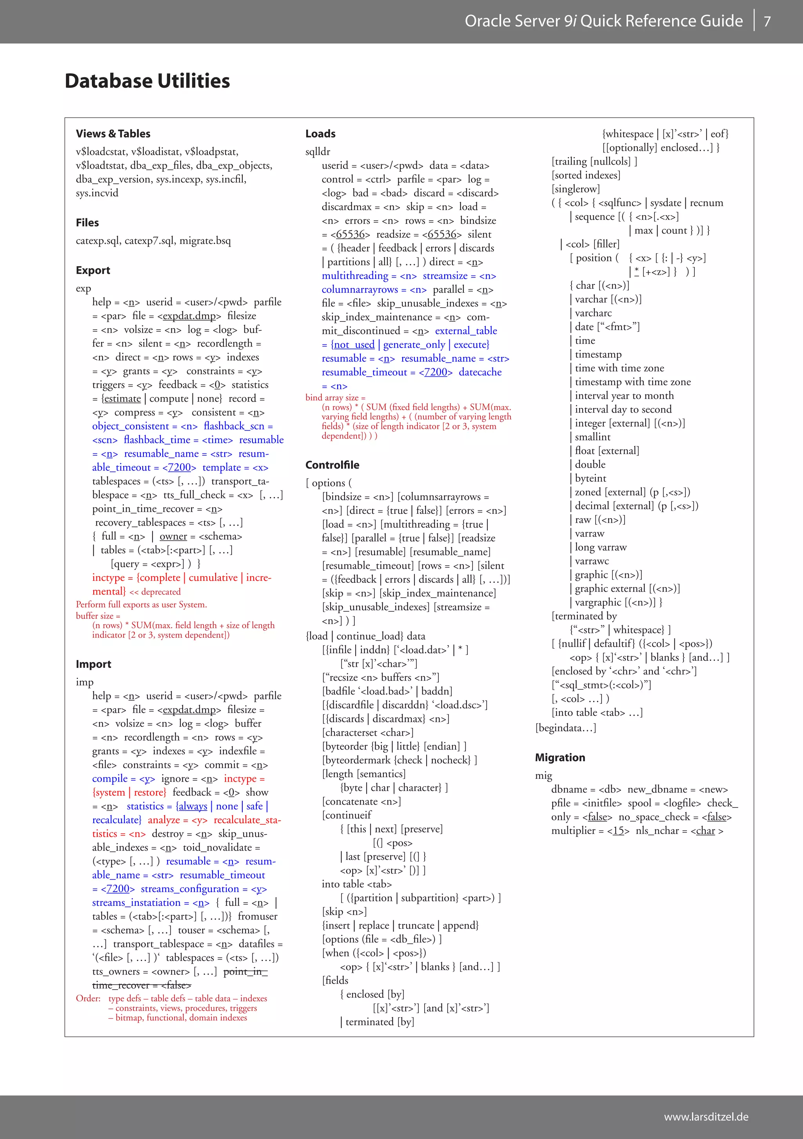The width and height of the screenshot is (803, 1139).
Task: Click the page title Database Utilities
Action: tap(147, 81)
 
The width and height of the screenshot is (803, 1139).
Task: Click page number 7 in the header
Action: tap(767, 21)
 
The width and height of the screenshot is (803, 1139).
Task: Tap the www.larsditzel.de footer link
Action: tap(706, 1117)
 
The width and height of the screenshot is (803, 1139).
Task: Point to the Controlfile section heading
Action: tap(332, 465)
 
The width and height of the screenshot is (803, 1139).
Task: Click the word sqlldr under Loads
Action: tap(318, 152)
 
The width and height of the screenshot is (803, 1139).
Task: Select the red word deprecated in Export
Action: tap(161, 592)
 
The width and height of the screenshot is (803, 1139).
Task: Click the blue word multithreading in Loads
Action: tap(355, 276)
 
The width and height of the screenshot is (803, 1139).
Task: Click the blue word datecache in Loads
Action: tap(480, 372)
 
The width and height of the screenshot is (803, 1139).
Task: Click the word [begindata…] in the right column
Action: tap(565, 728)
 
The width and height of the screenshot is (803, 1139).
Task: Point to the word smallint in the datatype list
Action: tap(592, 437)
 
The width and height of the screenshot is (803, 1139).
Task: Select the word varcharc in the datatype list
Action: tap(593, 313)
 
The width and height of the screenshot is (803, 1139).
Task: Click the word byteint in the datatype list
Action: tap(590, 478)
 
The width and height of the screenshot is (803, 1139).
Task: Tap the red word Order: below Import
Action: tap(88, 998)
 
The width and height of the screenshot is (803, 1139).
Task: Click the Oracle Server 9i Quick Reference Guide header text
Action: tap(603, 21)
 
